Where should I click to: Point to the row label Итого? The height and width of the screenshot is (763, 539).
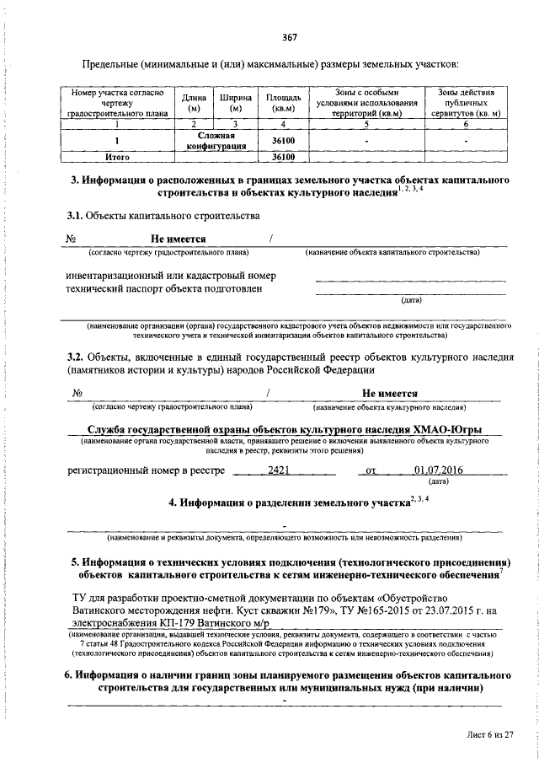pos(115,157)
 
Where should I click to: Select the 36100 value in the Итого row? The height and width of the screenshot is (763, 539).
pos(283,157)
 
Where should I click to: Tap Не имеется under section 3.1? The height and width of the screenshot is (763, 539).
pos(179,239)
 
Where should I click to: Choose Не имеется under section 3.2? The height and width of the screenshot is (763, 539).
pos(390,393)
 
